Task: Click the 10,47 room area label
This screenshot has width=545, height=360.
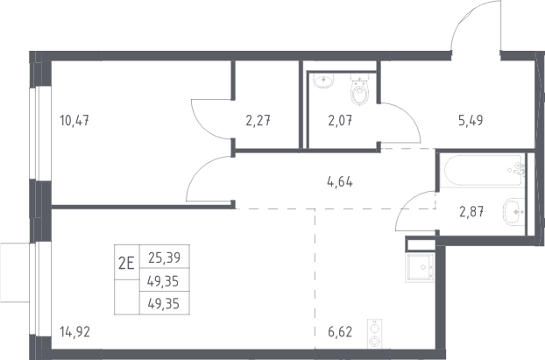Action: point(74,121)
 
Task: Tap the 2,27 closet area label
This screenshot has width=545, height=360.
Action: point(258,121)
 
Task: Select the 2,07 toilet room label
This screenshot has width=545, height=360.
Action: point(340,121)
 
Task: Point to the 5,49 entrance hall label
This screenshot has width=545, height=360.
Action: point(471,120)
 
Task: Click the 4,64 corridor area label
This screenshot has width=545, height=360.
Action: point(340,181)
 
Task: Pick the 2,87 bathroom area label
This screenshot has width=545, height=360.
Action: point(471,211)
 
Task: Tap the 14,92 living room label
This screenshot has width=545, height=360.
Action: point(74,332)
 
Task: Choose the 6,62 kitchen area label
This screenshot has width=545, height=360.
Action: point(340,332)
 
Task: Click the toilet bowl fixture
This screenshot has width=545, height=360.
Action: point(359,89)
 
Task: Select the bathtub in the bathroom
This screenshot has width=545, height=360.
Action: point(485,171)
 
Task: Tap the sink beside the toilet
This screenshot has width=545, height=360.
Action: point(323,81)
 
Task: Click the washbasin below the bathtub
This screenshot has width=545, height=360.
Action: point(513,212)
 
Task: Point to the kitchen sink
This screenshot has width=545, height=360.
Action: point(421,267)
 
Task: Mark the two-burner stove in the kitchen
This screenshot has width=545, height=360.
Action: point(375,334)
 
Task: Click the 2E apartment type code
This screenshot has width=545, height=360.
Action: point(126,263)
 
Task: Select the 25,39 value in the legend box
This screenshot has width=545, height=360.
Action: point(165,258)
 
